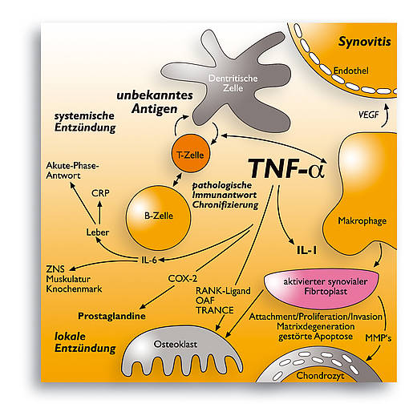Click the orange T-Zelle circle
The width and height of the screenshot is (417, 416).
click(x=191, y=153)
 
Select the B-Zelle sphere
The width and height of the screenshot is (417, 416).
click(x=159, y=218)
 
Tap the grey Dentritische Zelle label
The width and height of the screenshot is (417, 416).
click(x=233, y=83)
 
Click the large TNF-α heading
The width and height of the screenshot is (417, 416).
click(x=286, y=168)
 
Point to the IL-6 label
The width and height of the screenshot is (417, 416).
click(x=149, y=260)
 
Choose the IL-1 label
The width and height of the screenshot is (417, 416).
click(x=307, y=250)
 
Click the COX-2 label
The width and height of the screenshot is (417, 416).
click(x=183, y=279)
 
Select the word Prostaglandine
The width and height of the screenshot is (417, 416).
click(x=111, y=316)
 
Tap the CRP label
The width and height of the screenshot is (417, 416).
click(x=100, y=193)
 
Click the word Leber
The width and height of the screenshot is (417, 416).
click(x=98, y=232)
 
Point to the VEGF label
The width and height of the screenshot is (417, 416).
click(x=369, y=115)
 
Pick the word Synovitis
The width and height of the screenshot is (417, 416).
click(x=365, y=42)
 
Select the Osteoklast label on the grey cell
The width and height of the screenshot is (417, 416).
click(x=176, y=344)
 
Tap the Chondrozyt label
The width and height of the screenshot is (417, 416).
click(x=320, y=376)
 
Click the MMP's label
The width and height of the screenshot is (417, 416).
click(x=379, y=338)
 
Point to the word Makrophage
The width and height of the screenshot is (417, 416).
click(x=362, y=221)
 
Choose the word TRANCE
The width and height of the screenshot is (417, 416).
click(x=215, y=310)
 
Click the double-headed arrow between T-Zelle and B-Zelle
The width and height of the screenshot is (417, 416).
click(x=177, y=180)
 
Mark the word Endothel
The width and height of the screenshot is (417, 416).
click(x=351, y=71)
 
